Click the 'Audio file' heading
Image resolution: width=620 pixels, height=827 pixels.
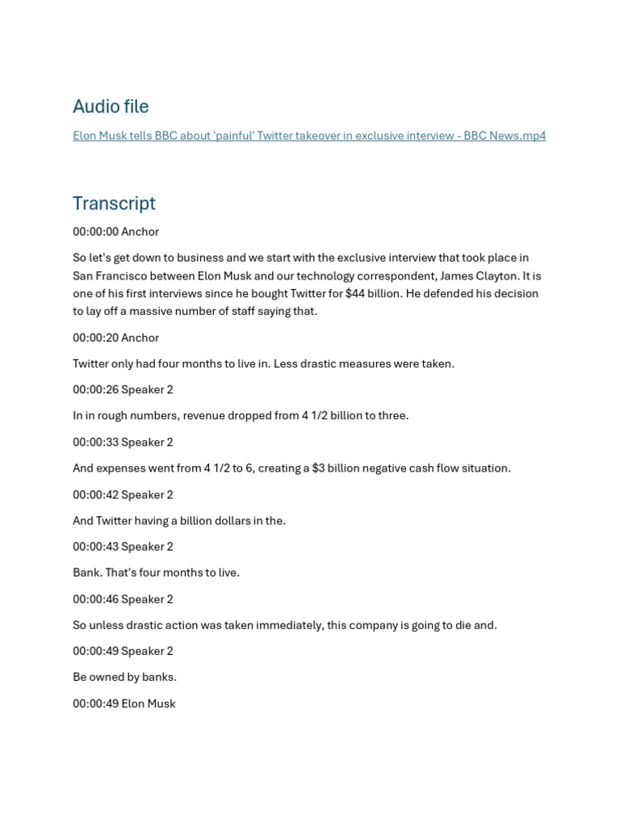click(x=111, y=107)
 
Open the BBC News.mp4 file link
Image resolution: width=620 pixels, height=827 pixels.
click(x=309, y=136)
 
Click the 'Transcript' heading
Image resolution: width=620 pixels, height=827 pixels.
click(x=114, y=204)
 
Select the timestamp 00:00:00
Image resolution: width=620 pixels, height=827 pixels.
click(x=95, y=232)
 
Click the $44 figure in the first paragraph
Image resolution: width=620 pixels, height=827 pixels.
click(x=354, y=293)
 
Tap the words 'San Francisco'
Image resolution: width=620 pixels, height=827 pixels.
click(x=110, y=275)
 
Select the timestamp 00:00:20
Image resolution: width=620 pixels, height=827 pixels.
click(x=95, y=338)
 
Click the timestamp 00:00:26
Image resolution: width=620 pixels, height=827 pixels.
click(x=95, y=389)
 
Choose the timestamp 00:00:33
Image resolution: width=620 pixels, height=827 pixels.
click(x=95, y=442)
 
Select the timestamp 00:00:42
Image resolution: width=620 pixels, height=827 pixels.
click(x=95, y=494)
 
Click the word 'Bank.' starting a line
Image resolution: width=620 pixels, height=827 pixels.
click(x=87, y=573)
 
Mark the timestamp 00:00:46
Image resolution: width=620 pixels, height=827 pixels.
click(x=95, y=599)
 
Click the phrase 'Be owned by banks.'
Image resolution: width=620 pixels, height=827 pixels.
click(x=124, y=677)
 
